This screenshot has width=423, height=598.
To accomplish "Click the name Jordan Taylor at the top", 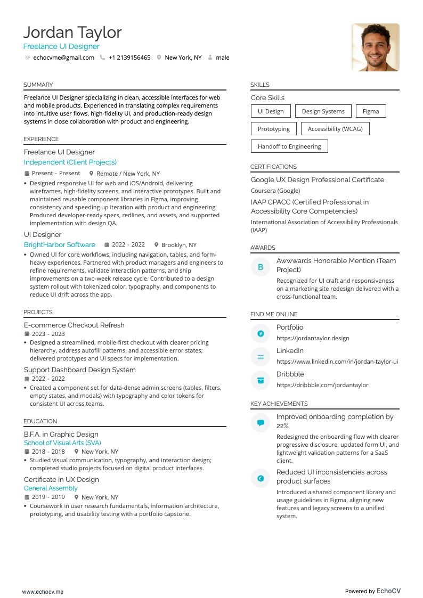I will (x=72, y=32).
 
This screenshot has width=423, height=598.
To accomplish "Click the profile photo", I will (x=375, y=47).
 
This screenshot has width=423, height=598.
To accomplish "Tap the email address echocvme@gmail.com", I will (x=63, y=58).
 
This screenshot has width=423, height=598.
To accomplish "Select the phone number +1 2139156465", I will (x=129, y=58).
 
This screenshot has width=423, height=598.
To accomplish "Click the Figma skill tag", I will (x=371, y=111).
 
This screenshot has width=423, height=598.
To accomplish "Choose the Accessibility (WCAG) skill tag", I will (x=335, y=129).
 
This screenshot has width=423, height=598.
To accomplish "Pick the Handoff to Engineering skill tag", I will (x=289, y=146).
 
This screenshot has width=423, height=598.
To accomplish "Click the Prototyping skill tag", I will (x=274, y=129).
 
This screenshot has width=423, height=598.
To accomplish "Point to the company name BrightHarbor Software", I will (x=60, y=245).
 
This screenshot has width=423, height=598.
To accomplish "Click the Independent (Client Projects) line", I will (x=70, y=162).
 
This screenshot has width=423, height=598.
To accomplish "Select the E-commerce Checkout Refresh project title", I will (x=74, y=325).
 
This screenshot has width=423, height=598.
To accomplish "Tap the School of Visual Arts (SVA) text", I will (x=62, y=443).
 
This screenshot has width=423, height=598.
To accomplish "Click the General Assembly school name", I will (x=51, y=488).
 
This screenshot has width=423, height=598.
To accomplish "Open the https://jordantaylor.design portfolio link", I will (x=313, y=338).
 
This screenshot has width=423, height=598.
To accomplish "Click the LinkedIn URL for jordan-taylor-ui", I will (x=337, y=362).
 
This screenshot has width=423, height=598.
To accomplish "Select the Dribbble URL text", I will (x=322, y=385).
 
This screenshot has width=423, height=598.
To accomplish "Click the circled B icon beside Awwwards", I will (x=261, y=267).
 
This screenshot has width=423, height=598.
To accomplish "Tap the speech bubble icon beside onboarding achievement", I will (x=261, y=423).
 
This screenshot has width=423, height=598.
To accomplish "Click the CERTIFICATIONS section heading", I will (x=273, y=167).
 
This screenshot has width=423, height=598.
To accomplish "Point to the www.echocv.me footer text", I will (x=43, y=592).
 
